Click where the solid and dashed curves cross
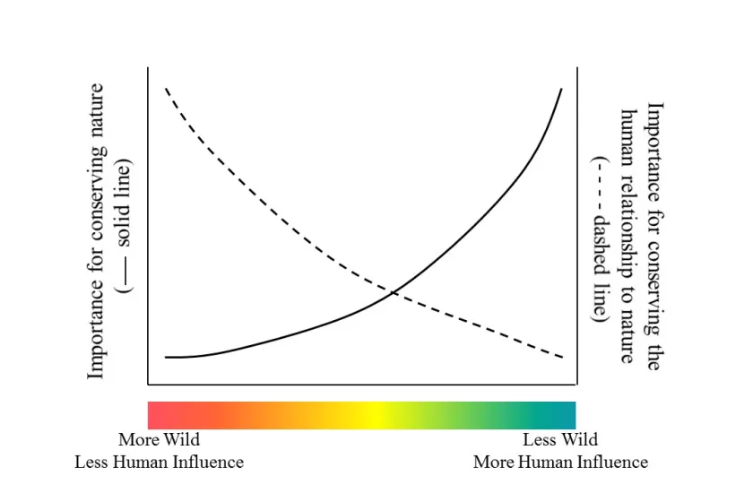[x=393, y=292]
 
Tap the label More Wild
[x=159, y=440]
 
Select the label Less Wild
[x=560, y=440]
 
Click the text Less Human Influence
[x=159, y=463]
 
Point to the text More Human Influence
[x=560, y=463]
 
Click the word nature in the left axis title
[x=97, y=108]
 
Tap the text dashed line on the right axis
[x=600, y=269]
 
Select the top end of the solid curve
[x=562, y=89]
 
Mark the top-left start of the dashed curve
[x=165, y=88]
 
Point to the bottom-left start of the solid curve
[x=166, y=357]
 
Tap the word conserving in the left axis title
[x=97, y=199]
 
